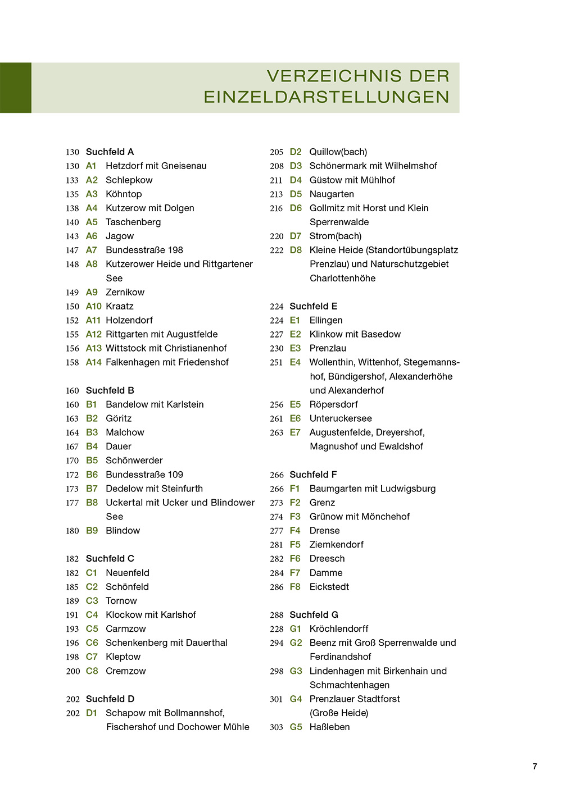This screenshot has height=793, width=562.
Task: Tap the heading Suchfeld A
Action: click(x=110, y=152)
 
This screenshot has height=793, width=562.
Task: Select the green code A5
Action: click(x=92, y=222)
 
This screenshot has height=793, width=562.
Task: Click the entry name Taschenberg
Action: click(x=133, y=222)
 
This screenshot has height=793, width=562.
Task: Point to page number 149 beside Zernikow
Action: click(x=72, y=293)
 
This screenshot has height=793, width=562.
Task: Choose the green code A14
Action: click(x=93, y=362)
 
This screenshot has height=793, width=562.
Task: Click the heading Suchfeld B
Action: click(x=110, y=390)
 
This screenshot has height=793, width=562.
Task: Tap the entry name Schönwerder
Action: click(x=134, y=461)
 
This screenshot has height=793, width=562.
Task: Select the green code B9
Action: click(x=92, y=531)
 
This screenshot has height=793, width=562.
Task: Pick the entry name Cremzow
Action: click(x=126, y=671)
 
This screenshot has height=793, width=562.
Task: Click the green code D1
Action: click(x=92, y=713)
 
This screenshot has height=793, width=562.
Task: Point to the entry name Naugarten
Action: click(x=332, y=194)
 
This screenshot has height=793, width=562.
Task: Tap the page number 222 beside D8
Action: click(x=277, y=250)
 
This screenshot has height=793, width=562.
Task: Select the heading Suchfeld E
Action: click(x=313, y=306)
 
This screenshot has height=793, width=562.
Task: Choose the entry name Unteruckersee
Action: click(x=341, y=418)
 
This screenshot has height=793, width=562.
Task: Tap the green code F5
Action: click(x=295, y=545)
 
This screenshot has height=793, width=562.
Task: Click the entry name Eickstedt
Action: click(x=329, y=586)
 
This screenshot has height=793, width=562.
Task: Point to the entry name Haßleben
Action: click(x=329, y=727)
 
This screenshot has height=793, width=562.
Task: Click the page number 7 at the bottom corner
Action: click(x=534, y=766)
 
